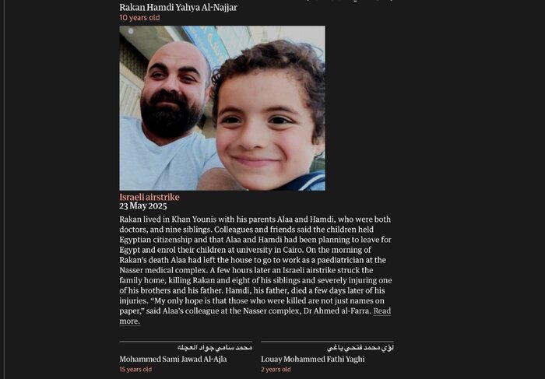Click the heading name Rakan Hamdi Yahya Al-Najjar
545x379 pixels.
[178, 7]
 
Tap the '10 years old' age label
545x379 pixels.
[139, 17]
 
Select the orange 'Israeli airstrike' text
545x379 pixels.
[149, 197]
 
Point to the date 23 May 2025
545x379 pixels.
[143, 206]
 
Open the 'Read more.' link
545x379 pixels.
[381, 311]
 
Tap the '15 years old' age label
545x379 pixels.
[135, 370]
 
